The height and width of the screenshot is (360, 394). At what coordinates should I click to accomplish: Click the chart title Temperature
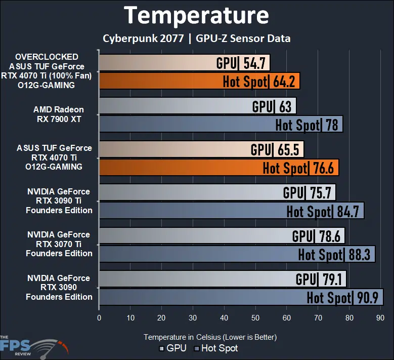click(x=197, y=16)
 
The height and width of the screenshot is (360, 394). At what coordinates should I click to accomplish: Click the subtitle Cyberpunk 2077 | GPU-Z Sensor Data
click(x=196, y=38)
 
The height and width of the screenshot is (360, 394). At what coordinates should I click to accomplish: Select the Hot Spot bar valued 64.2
click(x=199, y=81)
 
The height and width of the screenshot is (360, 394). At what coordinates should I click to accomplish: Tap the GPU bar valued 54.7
click(x=184, y=63)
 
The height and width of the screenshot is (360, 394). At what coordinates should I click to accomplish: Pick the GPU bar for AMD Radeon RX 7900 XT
click(x=197, y=106)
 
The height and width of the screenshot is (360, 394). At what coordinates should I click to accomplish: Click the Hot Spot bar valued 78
click(x=221, y=124)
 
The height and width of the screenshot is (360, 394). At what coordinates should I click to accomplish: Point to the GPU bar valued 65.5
click(x=201, y=150)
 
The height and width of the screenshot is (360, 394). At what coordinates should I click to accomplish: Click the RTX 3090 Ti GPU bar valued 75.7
click(x=217, y=193)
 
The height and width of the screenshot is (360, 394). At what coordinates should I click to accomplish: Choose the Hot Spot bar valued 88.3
click(x=237, y=254)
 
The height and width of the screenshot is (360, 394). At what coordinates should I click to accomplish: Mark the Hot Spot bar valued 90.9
click(x=241, y=297)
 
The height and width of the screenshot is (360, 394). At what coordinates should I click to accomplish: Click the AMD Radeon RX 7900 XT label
click(x=59, y=114)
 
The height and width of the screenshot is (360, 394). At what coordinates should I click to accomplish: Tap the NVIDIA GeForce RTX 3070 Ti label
click(x=59, y=244)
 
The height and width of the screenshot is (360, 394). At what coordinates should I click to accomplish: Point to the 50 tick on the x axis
click(x=255, y=318)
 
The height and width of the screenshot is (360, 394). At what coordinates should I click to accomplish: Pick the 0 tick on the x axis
click(x=99, y=318)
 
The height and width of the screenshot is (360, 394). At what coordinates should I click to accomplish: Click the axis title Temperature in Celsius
click(x=210, y=337)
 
